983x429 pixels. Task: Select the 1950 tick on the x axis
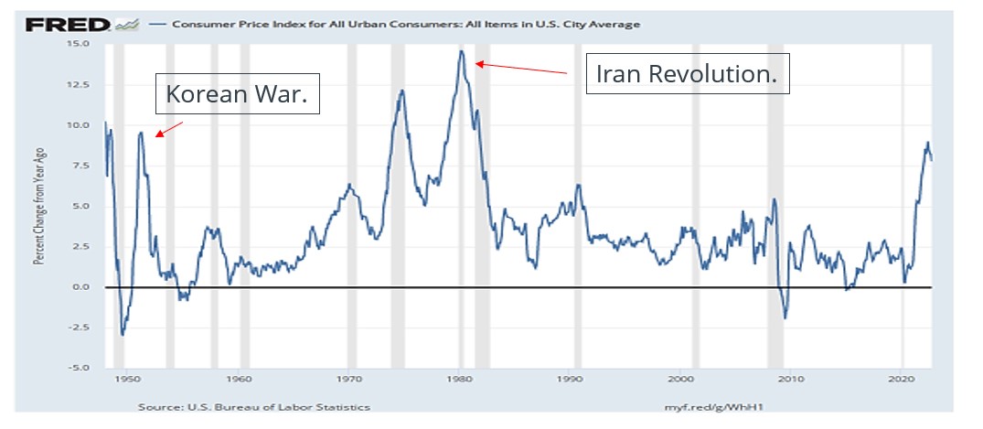pyautogui.click(x=128, y=378)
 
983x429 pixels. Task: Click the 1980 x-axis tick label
pyautogui.click(x=460, y=378)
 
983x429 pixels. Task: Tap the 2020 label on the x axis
pyautogui.click(x=903, y=378)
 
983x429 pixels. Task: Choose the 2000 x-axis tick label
pyautogui.click(x=681, y=378)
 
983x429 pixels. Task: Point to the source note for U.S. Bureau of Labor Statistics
pyautogui.click(x=254, y=406)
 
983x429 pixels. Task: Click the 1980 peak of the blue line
pyautogui.click(x=462, y=51)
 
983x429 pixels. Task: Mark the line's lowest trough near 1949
pyautogui.click(x=122, y=335)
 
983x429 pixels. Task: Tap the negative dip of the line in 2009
pyautogui.click(x=785, y=317)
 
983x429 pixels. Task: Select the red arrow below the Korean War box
pyautogui.click(x=169, y=129)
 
